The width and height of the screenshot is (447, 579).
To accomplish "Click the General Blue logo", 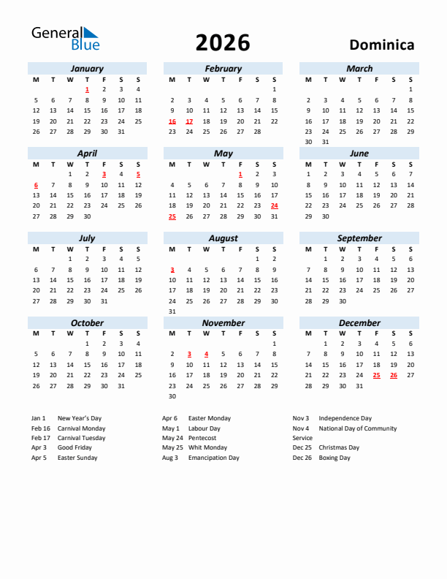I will point(64,39).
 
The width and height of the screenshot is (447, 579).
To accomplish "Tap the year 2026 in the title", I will point(223,43).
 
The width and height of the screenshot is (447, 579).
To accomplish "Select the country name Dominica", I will point(381,45).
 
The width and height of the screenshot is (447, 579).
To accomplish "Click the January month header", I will point(87,69).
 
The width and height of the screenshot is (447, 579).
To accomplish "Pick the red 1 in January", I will point(87,89).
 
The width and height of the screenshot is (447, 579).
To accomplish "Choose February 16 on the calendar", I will point(172,121).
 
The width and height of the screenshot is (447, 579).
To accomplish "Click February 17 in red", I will point(189,121).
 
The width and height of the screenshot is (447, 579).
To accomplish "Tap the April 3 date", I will point(104,174).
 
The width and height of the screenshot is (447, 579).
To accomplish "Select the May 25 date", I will point(172,216).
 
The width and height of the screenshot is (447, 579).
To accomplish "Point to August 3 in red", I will point(172,270).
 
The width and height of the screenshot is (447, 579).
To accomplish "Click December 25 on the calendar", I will point(377,375).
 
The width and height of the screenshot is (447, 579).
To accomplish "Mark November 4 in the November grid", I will point(206,354).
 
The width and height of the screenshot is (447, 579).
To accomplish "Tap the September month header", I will point(359,238).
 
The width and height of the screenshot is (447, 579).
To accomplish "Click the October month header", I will point(87,323).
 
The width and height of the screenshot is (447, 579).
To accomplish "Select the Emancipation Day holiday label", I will point(213,458).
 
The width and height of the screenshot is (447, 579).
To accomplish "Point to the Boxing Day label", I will point(335,458).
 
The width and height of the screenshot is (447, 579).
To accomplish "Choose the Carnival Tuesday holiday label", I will point(81,438).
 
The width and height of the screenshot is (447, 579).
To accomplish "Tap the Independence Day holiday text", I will point(345,418).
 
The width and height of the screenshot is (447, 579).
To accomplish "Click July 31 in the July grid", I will point(104,300).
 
